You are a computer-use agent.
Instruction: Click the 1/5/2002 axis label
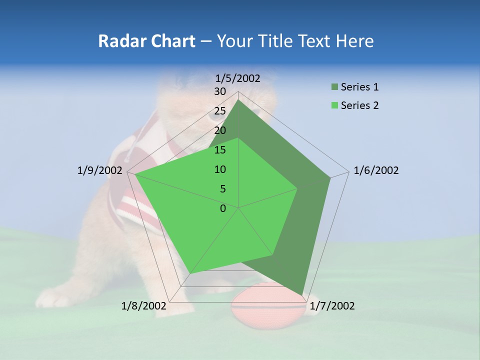(x=238, y=78)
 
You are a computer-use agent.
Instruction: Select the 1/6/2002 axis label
(x=376, y=170)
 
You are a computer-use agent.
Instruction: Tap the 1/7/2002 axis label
(x=332, y=306)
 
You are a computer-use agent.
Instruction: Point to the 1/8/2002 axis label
(x=144, y=306)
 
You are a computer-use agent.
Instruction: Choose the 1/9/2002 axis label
(x=100, y=170)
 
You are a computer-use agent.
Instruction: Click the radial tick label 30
(x=220, y=91)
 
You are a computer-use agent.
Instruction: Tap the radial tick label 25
(x=220, y=111)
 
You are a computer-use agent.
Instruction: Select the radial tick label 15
(x=220, y=150)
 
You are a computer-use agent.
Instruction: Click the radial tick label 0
(x=223, y=208)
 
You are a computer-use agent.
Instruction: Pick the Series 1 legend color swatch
(x=334, y=87)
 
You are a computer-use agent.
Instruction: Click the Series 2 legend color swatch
(x=334, y=105)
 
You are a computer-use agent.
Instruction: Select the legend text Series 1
(x=359, y=87)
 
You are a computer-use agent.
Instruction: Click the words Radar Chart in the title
(x=146, y=41)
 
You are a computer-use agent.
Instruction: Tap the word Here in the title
(x=354, y=41)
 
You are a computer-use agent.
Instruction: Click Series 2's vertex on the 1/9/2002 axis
(x=135, y=174)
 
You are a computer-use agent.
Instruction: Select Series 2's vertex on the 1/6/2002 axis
(x=297, y=188)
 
